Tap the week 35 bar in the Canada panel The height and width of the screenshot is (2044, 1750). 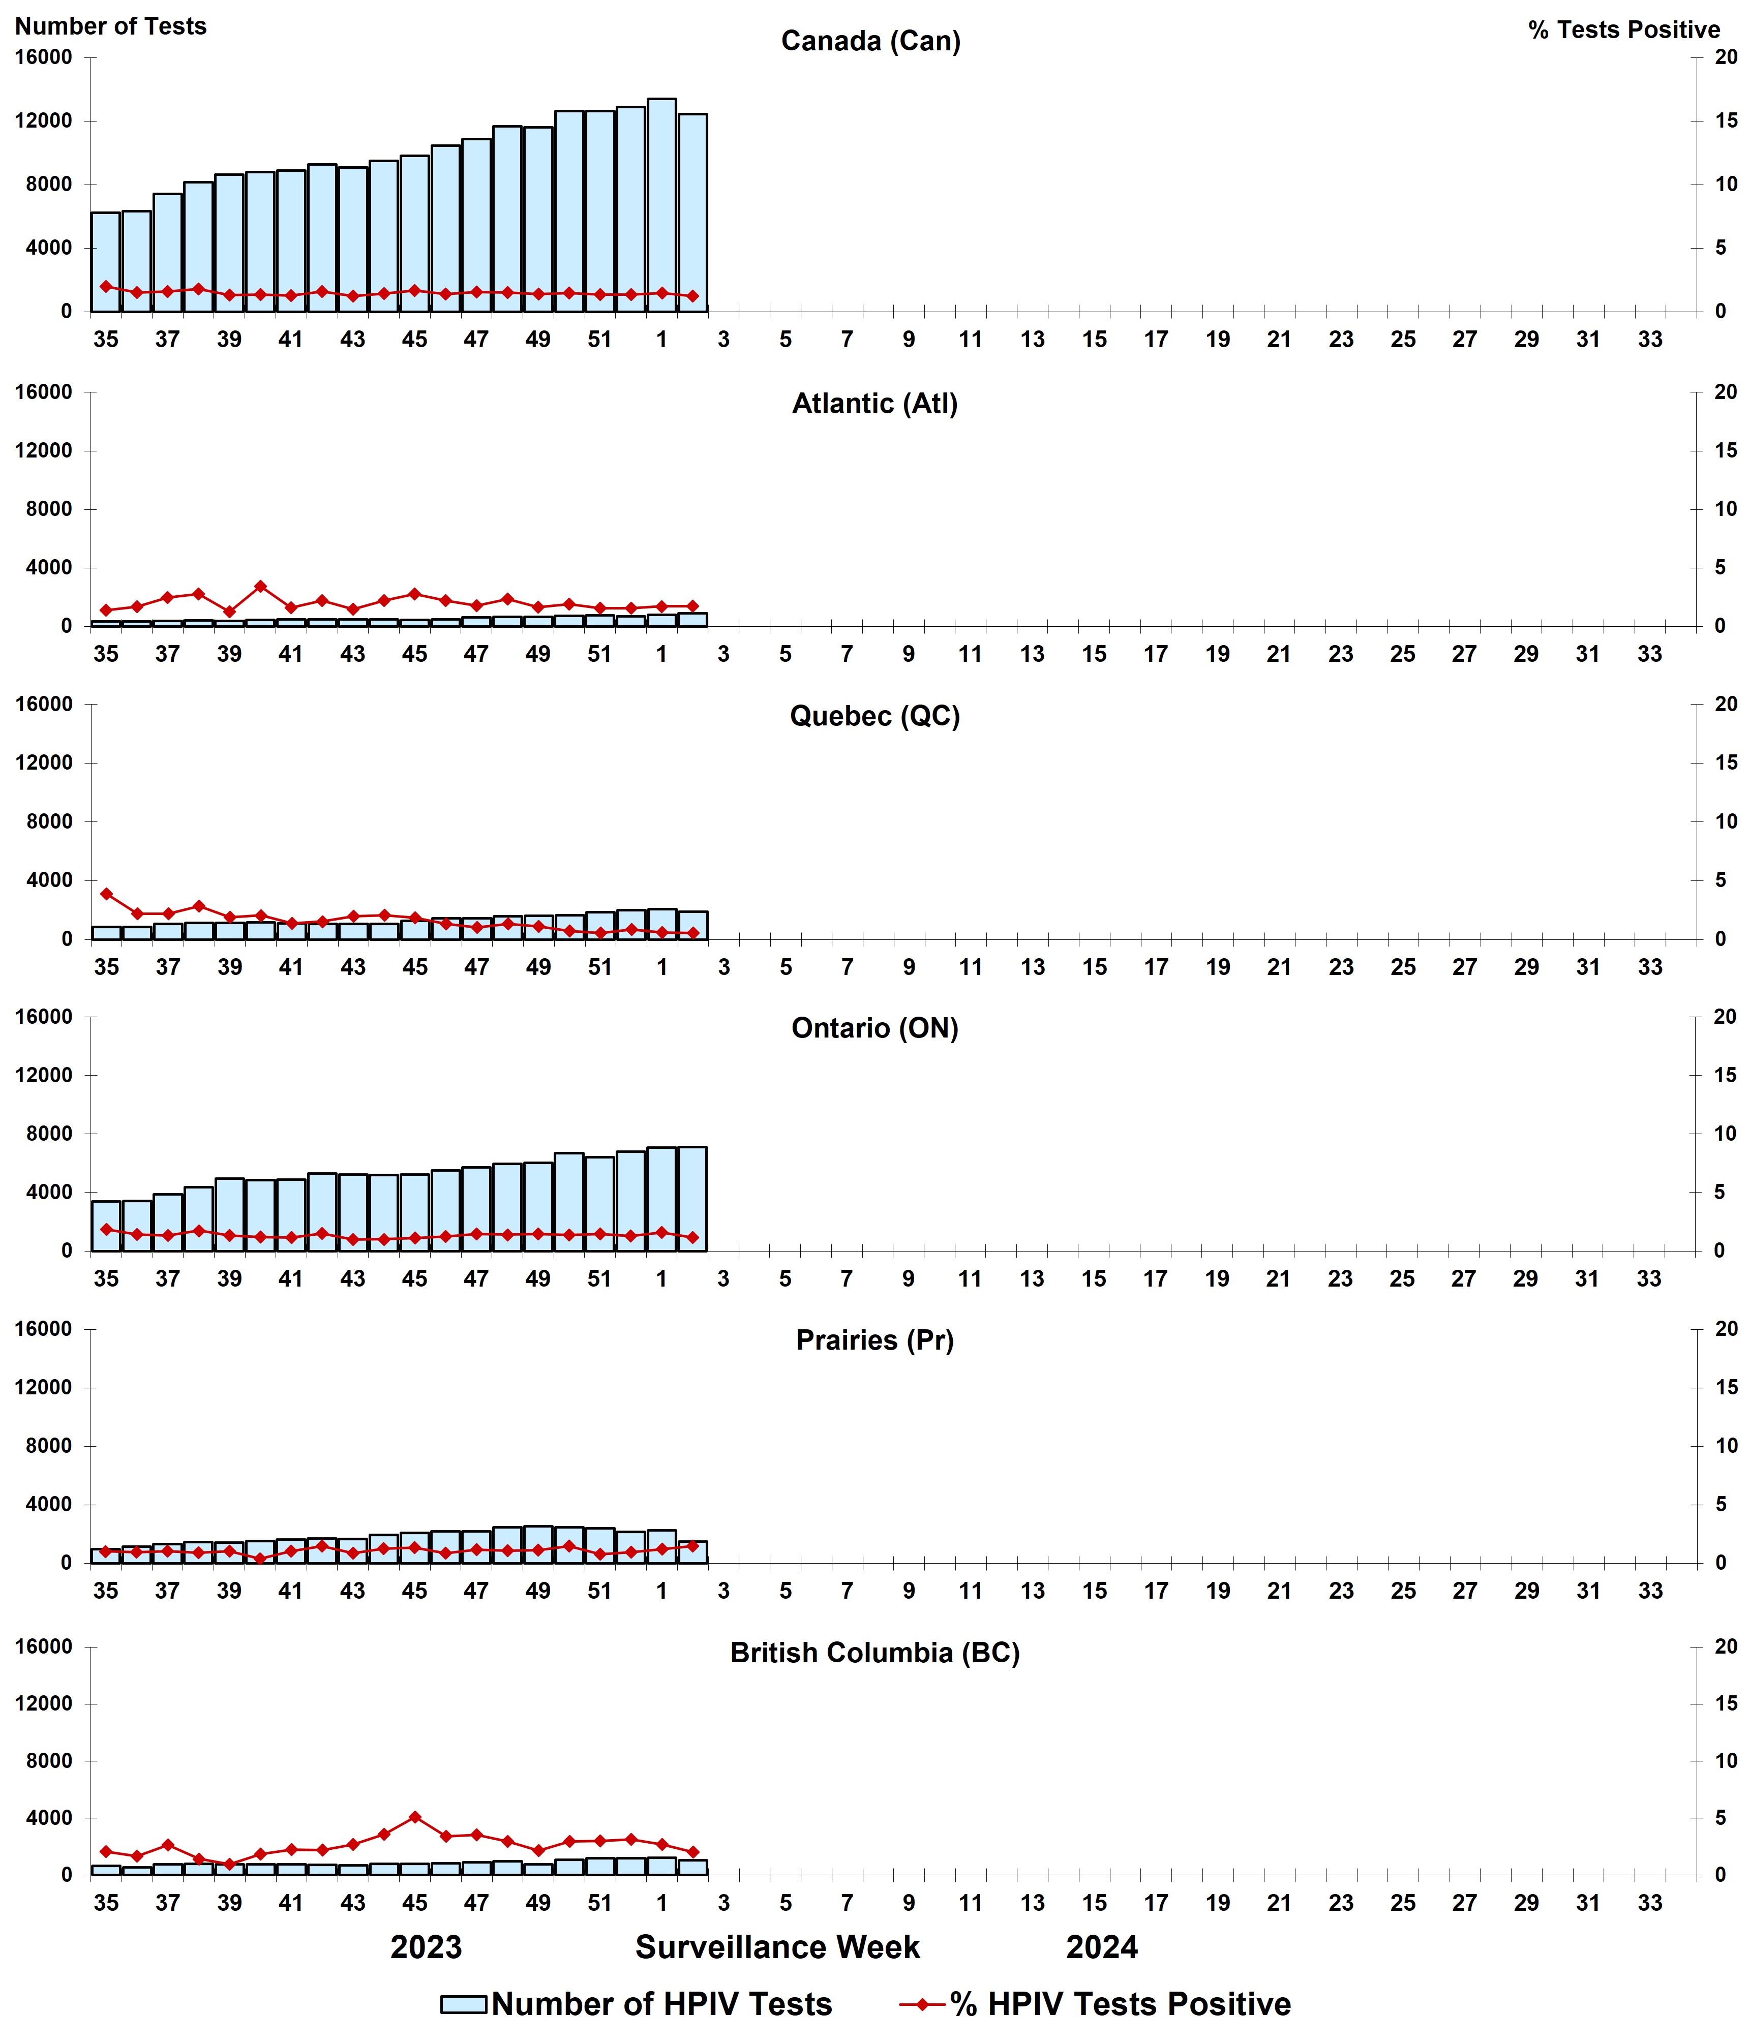106,261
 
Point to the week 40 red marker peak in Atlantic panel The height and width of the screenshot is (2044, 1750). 260,586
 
